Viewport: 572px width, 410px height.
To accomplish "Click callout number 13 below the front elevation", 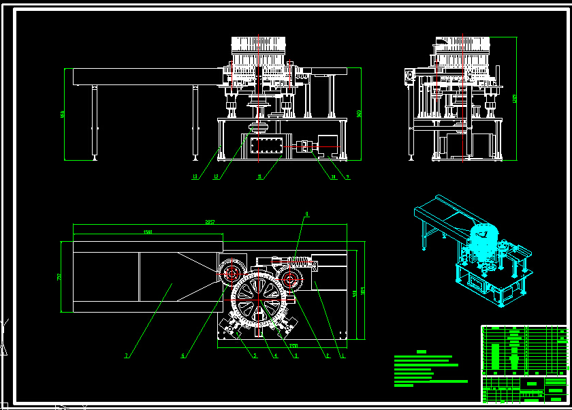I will click(195, 177).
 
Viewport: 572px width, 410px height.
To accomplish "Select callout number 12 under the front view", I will click(216, 177).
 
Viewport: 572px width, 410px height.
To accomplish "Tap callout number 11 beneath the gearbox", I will click(259, 177).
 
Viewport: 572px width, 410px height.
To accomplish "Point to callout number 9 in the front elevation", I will click(347, 177).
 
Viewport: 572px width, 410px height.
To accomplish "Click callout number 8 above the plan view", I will click(306, 215).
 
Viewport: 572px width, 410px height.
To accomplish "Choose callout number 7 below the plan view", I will click(127, 355).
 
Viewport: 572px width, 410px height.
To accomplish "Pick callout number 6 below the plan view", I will click(182, 355).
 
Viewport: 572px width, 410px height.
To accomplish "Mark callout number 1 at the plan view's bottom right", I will click(343, 355).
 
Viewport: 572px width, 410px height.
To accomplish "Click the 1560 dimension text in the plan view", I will click(148, 232).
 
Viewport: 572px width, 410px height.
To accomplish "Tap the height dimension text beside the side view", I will click(515, 98).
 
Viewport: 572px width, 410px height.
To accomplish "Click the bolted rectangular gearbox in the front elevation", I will click(266, 145).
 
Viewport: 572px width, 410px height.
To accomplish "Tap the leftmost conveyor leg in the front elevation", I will click(95, 123).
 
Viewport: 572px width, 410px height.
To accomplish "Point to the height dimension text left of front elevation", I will click(63, 114).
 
